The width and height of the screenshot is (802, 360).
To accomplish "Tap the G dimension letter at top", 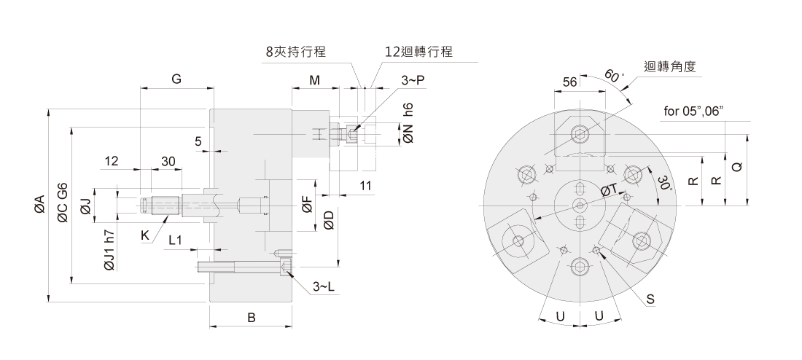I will (x=176, y=79).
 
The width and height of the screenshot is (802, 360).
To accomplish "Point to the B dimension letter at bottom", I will (x=251, y=318).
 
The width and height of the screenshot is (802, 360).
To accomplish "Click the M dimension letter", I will (x=314, y=79).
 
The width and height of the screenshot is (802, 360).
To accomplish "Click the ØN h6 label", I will (x=408, y=122).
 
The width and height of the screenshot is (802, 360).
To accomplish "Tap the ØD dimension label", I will (x=329, y=220).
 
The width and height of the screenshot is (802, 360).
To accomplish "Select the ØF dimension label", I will (x=307, y=205).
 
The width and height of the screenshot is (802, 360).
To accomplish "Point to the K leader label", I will (x=145, y=236).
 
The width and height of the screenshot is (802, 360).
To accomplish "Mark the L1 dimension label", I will (x=176, y=239).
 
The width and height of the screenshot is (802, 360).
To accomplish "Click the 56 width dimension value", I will (x=570, y=82).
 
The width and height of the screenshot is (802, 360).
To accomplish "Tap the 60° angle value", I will (x=615, y=77).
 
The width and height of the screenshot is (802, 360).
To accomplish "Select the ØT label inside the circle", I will (x=610, y=190).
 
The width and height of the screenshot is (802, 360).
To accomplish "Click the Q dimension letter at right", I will (x=737, y=167).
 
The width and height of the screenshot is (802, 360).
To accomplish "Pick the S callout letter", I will (x=650, y=300).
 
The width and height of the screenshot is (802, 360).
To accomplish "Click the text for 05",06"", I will (x=693, y=111).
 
